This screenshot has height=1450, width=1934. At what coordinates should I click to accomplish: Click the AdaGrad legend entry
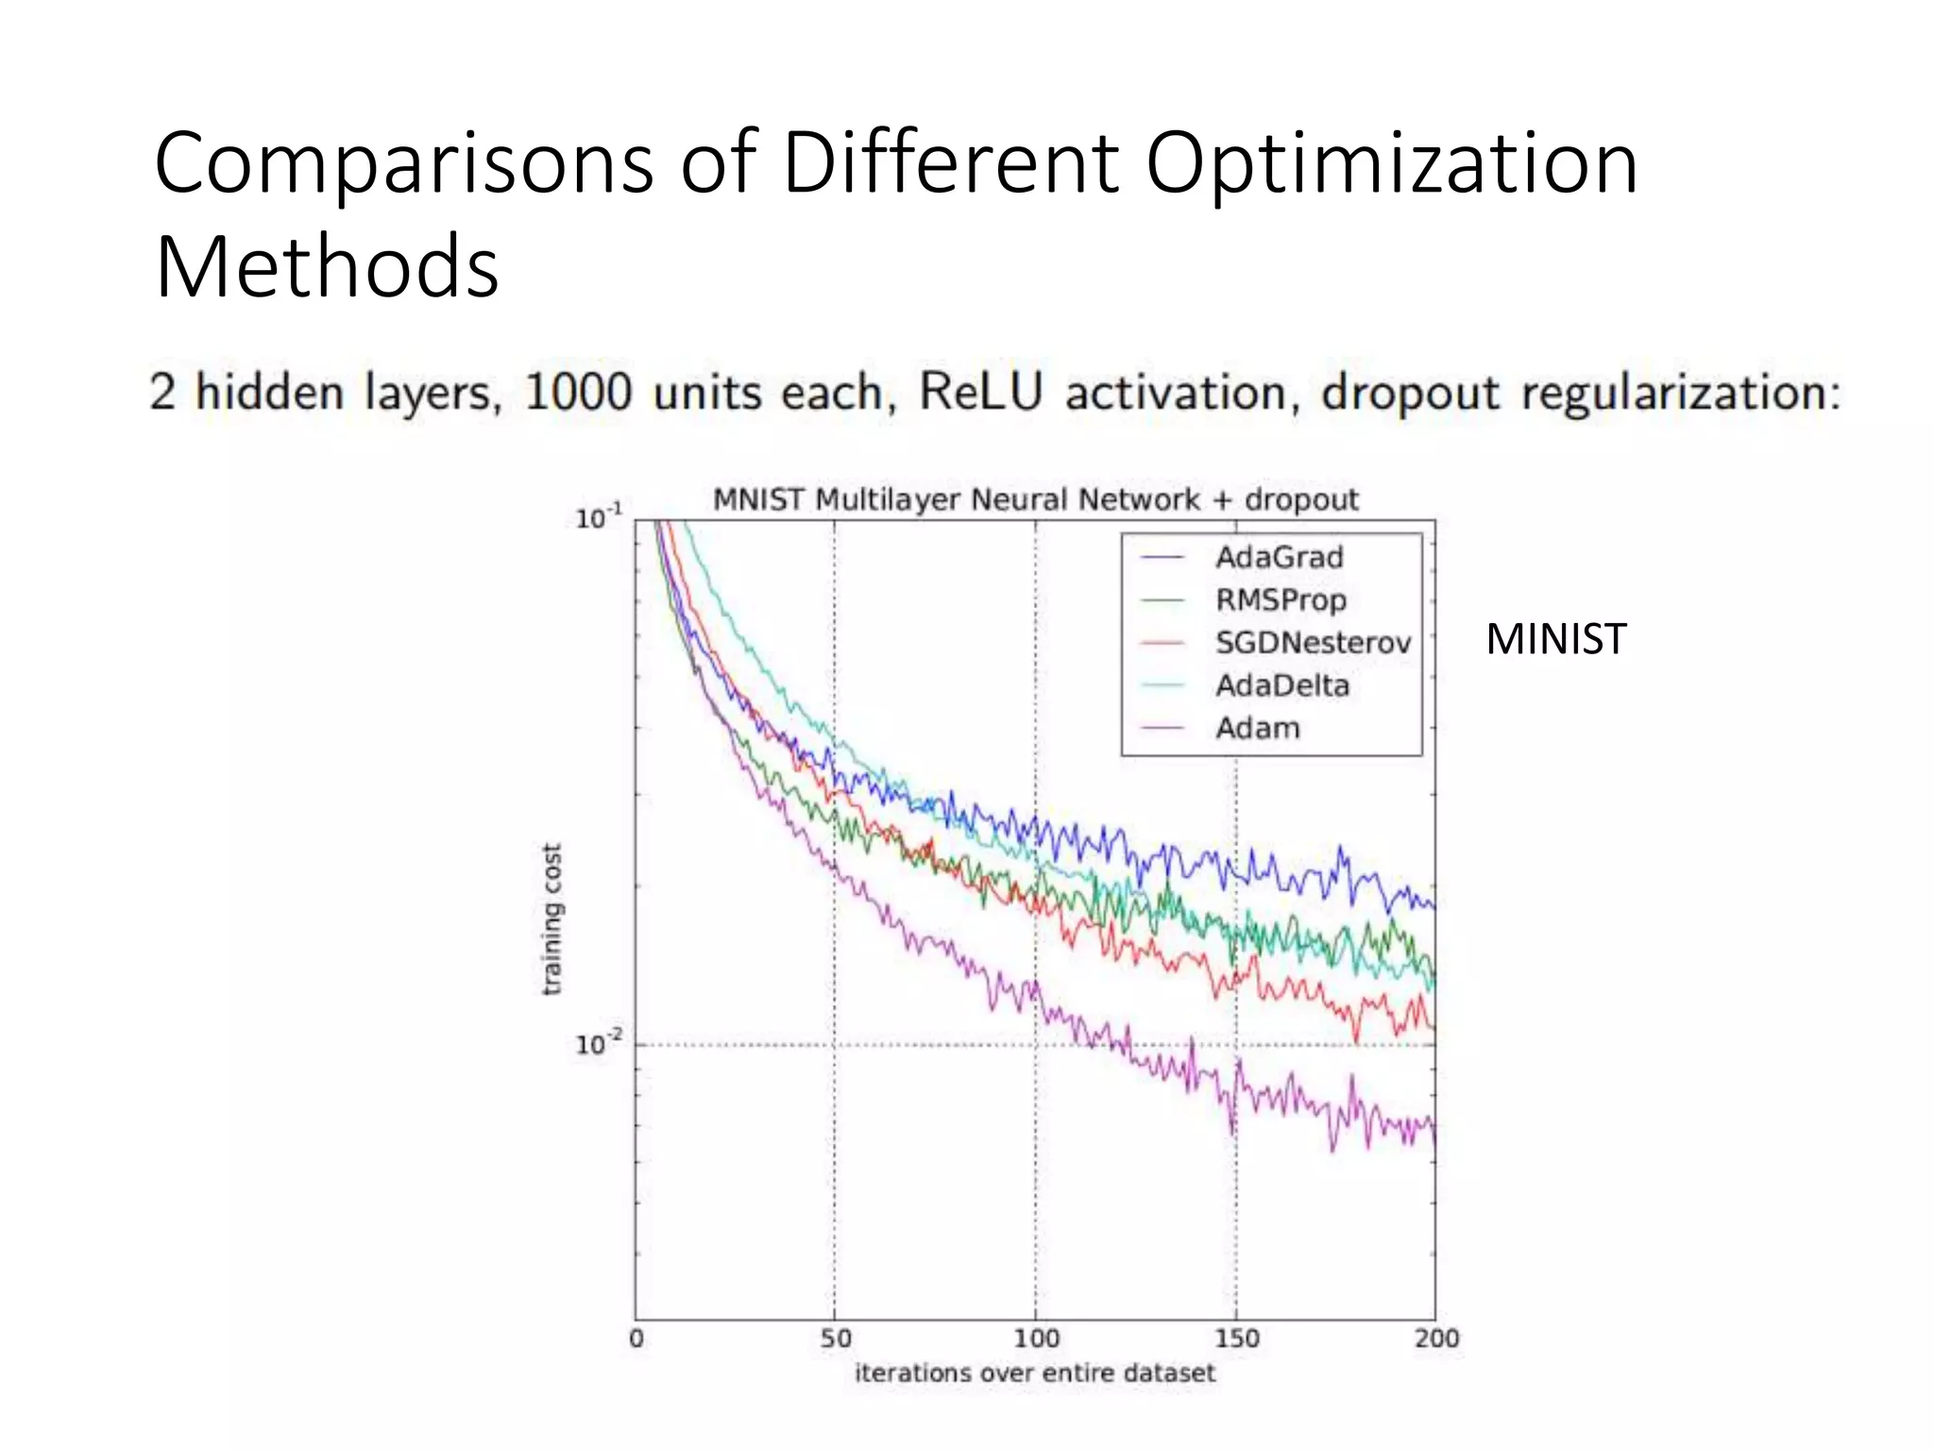[x=1279, y=557]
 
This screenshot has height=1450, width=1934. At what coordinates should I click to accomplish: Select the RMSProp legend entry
[x=1281, y=599]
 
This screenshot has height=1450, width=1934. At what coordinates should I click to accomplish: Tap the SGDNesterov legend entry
[x=1313, y=643]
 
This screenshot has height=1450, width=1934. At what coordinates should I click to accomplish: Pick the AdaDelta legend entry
[x=1282, y=685]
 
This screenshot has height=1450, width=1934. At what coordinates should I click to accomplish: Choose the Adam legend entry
[x=1257, y=728]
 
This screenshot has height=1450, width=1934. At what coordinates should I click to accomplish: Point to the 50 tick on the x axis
[x=836, y=1339]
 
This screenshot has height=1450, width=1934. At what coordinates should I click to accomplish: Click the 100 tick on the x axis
[x=1036, y=1339]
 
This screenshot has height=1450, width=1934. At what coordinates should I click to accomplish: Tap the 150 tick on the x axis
[x=1237, y=1339]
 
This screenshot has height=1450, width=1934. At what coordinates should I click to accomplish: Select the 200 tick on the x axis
[x=1436, y=1339]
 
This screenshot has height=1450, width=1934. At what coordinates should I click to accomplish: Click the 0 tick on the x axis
[x=636, y=1339]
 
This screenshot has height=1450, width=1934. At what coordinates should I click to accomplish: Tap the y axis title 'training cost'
[x=552, y=919]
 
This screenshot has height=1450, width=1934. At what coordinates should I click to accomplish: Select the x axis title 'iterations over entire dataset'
[x=1035, y=1373]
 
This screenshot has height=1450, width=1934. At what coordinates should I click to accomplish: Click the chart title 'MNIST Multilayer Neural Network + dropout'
[x=1035, y=499]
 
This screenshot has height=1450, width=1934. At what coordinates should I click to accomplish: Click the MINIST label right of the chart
[x=1555, y=639]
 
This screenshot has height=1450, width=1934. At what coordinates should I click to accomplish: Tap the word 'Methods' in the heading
[x=327, y=267]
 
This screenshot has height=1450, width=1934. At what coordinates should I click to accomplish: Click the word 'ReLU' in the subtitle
[x=980, y=392]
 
